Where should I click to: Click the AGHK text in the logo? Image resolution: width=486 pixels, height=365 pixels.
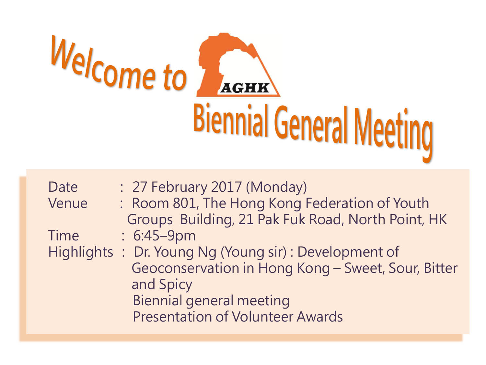click(x=245, y=88)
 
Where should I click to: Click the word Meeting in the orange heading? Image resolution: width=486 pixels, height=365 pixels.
click(x=393, y=133)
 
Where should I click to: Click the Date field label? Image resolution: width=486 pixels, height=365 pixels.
click(x=63, y=187)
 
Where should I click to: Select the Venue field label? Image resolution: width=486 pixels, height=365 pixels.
click(x=68, y=203)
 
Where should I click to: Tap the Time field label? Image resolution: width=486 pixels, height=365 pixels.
click(x=64, y=236)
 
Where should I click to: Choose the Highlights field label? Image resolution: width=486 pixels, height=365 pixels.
click(x=81, y=253)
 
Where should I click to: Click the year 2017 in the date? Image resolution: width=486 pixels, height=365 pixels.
click(x=226, y=187)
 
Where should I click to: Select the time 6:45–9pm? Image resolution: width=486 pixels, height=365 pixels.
click(x=164, y=236)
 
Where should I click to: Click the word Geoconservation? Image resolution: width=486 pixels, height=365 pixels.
click(x=185, y=268)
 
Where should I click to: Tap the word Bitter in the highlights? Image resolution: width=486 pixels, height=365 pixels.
click(x=440, y=268)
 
